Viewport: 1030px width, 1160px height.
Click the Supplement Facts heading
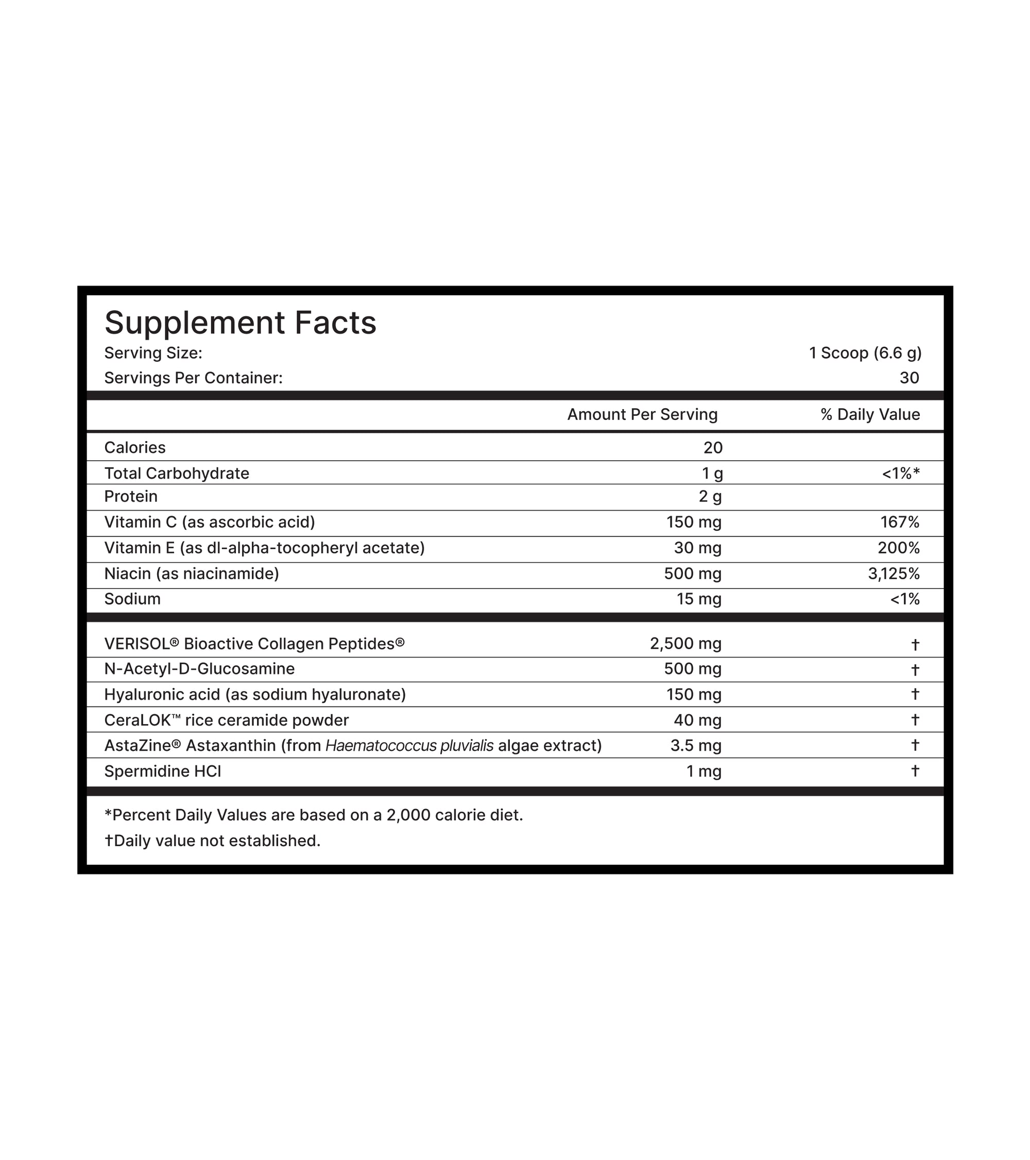240,323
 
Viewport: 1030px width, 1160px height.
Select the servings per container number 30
908,378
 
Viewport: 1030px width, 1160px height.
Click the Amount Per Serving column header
642,415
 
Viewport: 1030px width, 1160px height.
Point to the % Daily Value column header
869,415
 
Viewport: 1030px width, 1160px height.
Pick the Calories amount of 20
712,448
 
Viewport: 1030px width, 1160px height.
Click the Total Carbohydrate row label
177,473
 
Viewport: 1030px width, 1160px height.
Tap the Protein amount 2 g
710,497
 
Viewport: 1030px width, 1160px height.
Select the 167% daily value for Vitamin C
900,522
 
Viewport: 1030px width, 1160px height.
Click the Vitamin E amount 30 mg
697,548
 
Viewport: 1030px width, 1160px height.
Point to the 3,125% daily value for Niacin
894,574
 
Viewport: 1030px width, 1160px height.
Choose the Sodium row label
132,599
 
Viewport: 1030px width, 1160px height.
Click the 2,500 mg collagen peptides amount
685,644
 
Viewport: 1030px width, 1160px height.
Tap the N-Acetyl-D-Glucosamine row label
199,669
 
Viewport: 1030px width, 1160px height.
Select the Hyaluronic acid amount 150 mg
693,695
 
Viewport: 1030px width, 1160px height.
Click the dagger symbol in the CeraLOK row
914,720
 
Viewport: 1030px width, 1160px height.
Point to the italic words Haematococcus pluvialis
409,746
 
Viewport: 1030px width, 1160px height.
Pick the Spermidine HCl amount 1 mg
703,771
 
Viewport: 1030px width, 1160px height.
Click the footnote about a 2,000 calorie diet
314,816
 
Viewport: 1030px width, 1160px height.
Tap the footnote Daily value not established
213,841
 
